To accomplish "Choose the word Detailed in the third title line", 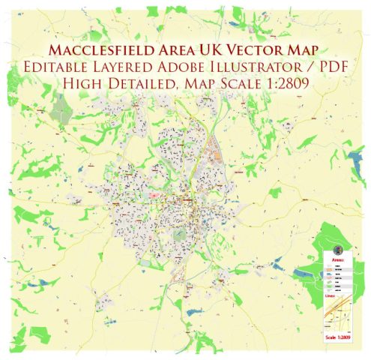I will pyautogui.click(x=139, y=84).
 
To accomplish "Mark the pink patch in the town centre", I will pyautogui.click(x=154, y=196).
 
